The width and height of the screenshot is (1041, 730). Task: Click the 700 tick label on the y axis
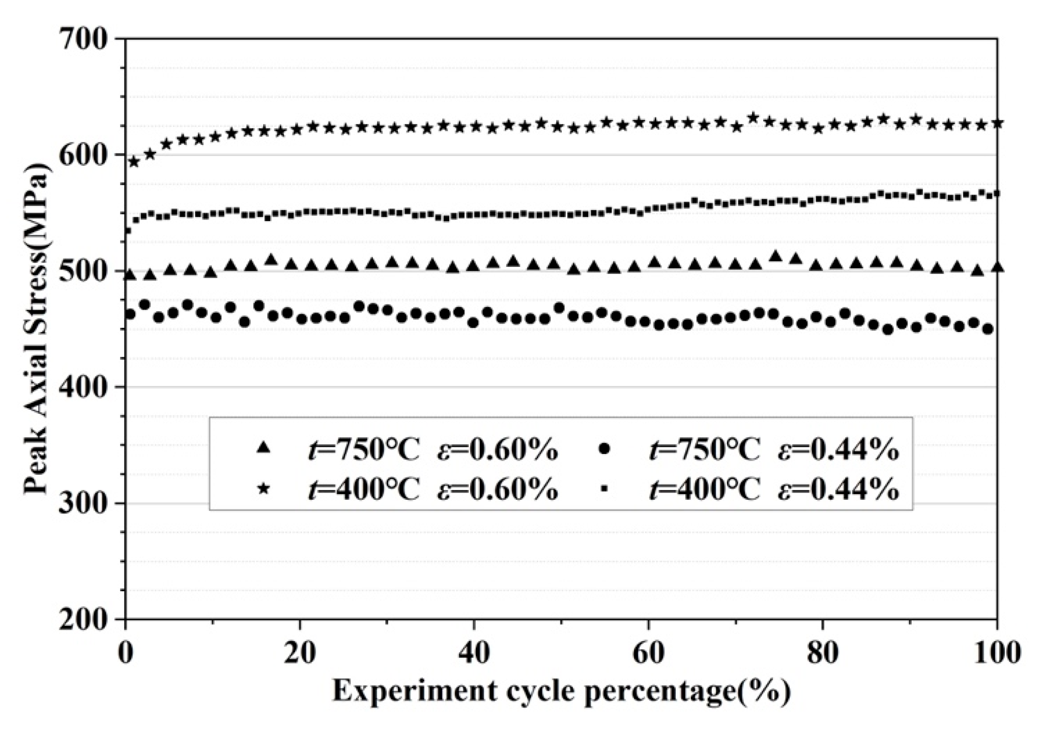click(84, 40)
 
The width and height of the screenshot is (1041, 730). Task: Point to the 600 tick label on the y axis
click(84, 155)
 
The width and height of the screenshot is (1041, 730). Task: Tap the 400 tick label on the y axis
click(84, 387)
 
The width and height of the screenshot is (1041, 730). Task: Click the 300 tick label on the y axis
click(84, 503)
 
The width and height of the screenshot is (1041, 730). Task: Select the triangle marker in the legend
click(263, 447)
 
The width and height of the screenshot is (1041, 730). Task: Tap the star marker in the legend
click(263, 489)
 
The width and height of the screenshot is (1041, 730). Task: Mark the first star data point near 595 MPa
click(134, 162)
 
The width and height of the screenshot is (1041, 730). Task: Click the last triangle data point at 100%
click(997, 267)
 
